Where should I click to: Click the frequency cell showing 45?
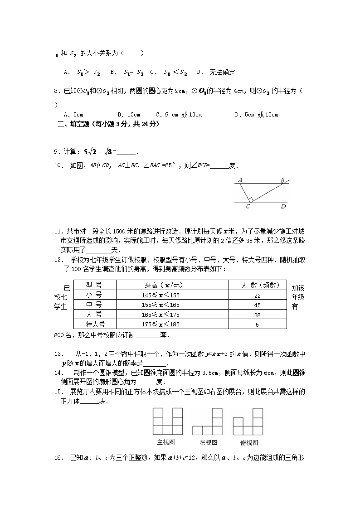click(257, 305)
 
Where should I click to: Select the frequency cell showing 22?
click(257, 295)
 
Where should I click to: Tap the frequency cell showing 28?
click(257, 315)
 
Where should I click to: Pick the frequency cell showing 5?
click(257, 324)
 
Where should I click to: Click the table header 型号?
click(94, 285)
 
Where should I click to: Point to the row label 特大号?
click(95, 324)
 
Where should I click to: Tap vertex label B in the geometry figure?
click(282, 179)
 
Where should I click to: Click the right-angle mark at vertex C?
click(250, 199)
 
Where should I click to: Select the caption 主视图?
click(166, 442)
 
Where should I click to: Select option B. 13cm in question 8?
click(129, 115)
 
